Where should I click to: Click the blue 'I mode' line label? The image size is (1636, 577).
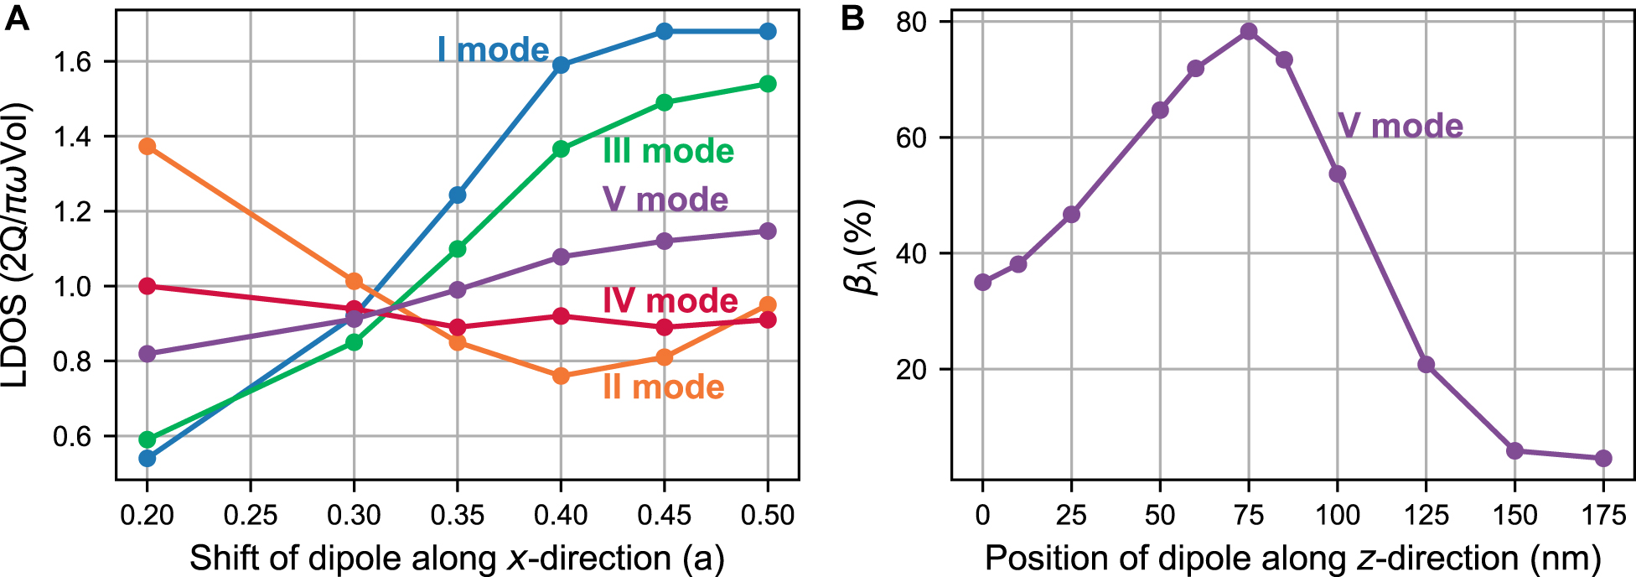(x=493, y=50)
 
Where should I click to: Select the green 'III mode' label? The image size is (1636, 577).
(x=668, y=151)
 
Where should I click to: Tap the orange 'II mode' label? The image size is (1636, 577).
(x=663, y=387)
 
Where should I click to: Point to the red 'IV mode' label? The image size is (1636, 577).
(x=670, y=300)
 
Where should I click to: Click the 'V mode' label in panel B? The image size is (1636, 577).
(x=1400, y=126)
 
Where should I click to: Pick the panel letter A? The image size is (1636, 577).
(x=17, y=18)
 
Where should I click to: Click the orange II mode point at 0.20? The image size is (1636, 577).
(x=148, y=147)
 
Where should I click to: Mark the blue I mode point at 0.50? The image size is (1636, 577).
(x=768, y=32)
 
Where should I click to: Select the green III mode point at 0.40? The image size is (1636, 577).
(x=561, y=149)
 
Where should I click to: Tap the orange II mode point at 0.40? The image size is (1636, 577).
(x=561, y=376)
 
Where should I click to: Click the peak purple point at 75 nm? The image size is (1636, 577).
(x=1249, y=32)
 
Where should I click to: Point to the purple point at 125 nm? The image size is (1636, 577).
(x=1426, y=365)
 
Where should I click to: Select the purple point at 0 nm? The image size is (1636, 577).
(x=983, y=283)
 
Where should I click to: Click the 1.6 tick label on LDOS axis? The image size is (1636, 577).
(x=73, y=62)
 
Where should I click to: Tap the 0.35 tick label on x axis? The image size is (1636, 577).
(x=457, y=515)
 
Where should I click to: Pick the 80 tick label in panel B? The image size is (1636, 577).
(x=911, y=22)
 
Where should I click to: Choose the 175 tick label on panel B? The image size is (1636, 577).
(x=1602, y=515)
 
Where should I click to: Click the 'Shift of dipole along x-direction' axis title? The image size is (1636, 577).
(x=457, y=558)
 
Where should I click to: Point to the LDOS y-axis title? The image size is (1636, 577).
(x=18, y=245)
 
